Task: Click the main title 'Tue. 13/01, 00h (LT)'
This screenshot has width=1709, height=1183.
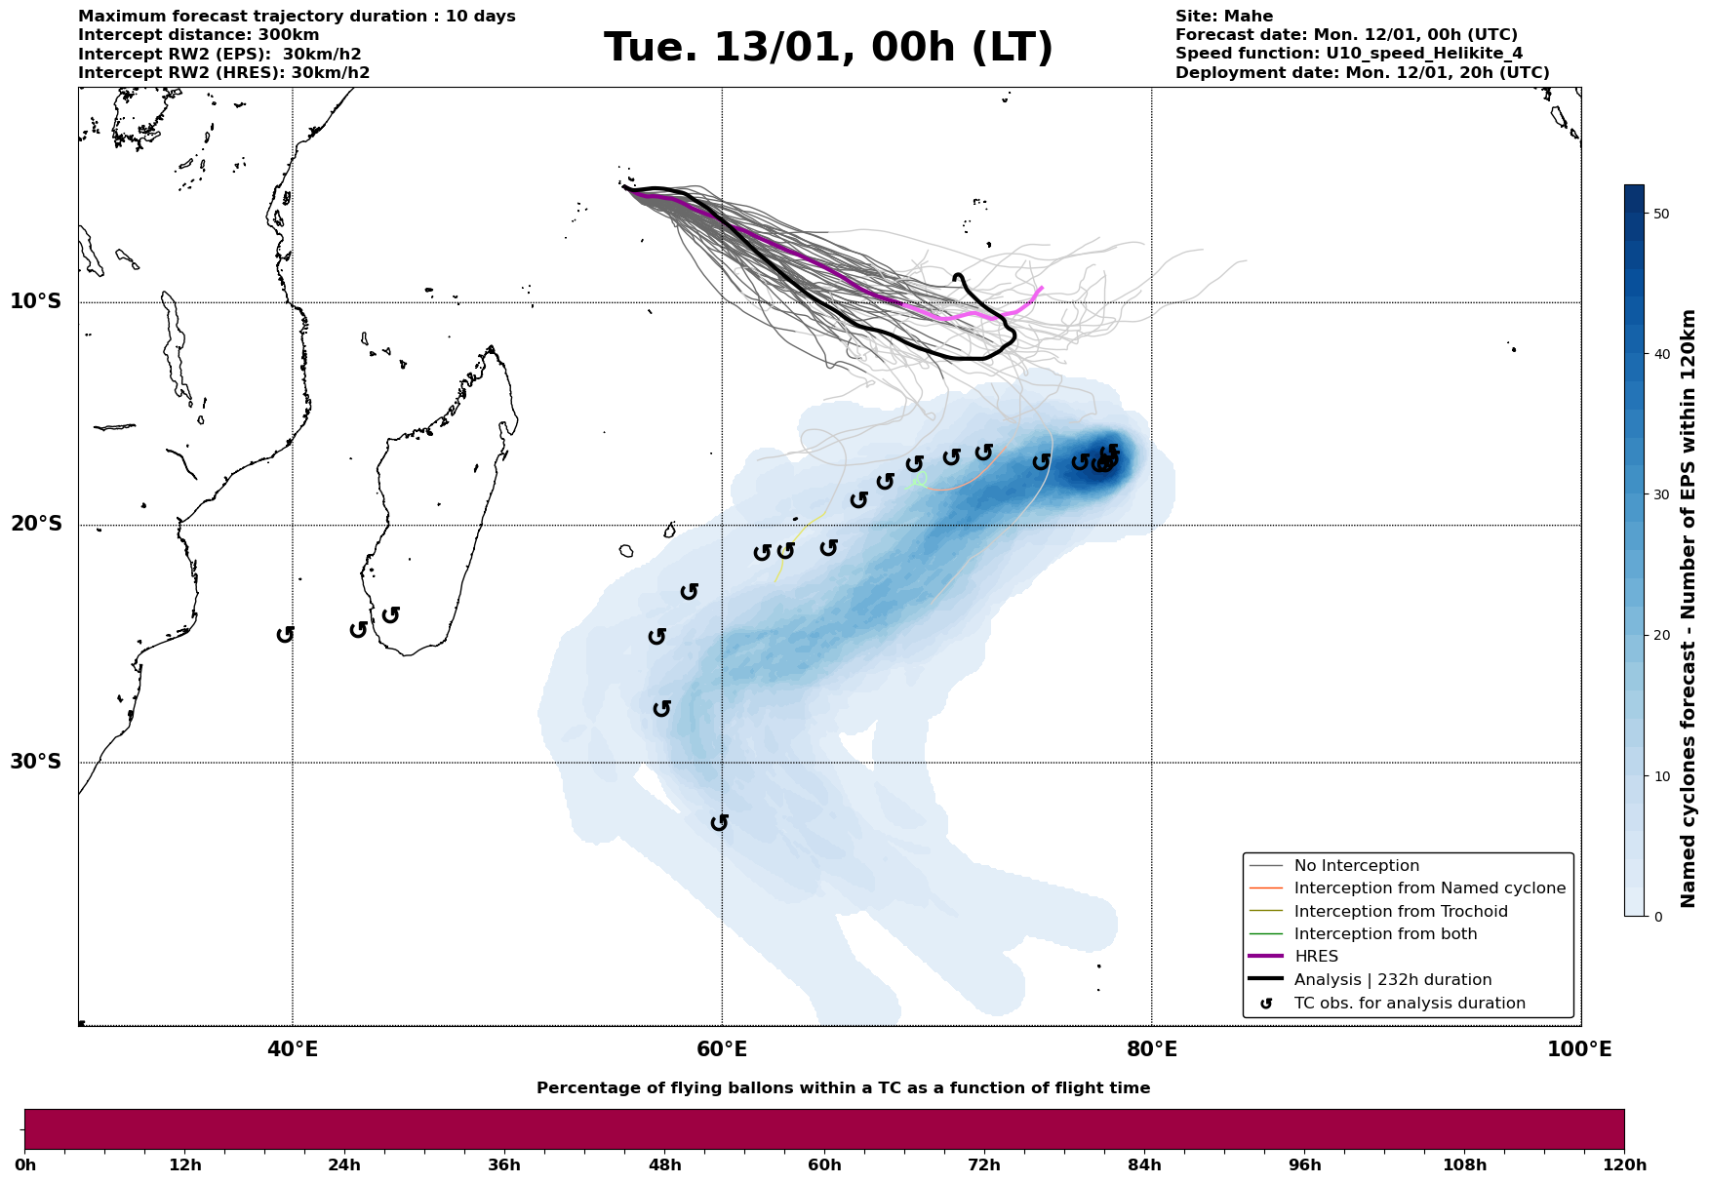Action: pyautogui.click(x=828, y=48)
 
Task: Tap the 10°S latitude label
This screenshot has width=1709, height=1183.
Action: pyautogui.click(x=36, y=301)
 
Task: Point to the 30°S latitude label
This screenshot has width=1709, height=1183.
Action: pyautogui.click(x=36, y=762)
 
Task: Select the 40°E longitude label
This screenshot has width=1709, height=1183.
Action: pyautogui.click(x=293, y=1049)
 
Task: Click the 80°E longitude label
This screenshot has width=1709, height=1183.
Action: pyautogui.click(x=1152, y=1049)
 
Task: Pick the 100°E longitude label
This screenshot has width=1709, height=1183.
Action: pyautogui.click(x=1579, y=1049)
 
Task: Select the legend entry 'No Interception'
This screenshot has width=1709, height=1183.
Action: pyautogui.click(x=1356, y=866)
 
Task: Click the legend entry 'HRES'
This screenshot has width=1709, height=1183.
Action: pyautogui.click(x=1316, y=957)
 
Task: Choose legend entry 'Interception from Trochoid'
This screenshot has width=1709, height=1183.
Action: pyautogui.click(x=1401, y=912)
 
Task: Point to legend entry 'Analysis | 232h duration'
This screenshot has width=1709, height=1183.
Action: pyautogui.click(x=1392, y=980)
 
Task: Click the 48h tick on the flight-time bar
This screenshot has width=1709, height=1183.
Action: pyautogui.click(x=665, y=1164)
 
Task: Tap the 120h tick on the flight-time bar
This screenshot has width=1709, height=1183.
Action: pyautogui.click(x=1623, y=1164)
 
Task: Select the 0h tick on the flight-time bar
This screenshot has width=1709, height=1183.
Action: pyautogui.click(x=25, y=1164)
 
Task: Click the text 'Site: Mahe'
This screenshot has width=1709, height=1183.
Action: pyautogui.click(x=1223, y=17)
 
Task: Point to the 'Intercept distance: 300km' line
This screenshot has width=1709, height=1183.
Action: pyautogui.click(x=198, y=35)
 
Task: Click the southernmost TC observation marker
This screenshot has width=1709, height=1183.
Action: pyautogui.click(x=720, y=822)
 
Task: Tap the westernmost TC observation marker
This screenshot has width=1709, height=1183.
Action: pyautogui.click(x=285, y=634)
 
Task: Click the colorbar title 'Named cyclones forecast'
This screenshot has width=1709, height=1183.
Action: pyautogui.click(x=1689, y=608)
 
